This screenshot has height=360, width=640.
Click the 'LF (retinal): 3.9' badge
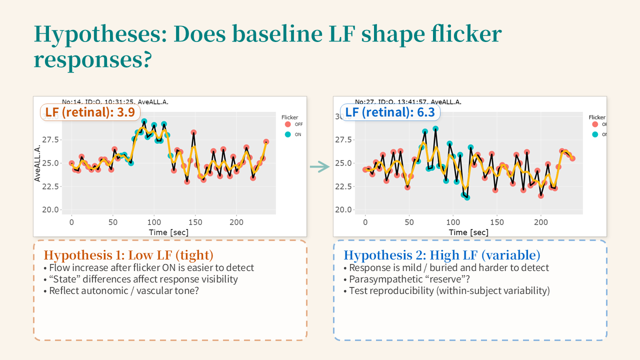coord(90,112)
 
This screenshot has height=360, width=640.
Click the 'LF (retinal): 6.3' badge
coord(390,112)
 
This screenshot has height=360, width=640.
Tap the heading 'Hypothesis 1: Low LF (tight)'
coord(128,255)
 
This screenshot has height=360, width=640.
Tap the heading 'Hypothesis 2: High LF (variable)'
coord(442,255)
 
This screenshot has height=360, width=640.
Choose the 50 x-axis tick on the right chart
coord(409,222)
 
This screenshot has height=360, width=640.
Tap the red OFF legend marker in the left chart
coord(287,124)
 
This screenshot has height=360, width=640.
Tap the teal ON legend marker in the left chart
coord(287,134)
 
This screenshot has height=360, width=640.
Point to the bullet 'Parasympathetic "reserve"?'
coord(410,279)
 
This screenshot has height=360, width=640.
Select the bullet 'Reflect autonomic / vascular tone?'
coord(124,290)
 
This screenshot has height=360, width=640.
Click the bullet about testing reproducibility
coord(449,290)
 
